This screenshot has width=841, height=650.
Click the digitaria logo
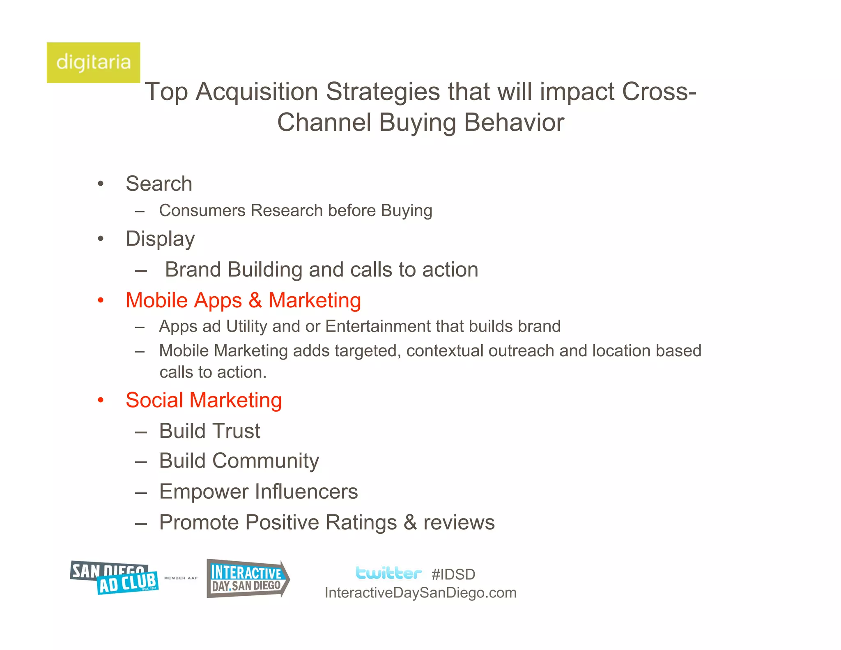click(93, 62)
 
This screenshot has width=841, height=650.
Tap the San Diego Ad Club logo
click(114, 578)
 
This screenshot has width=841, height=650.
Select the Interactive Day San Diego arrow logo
click(247, 579)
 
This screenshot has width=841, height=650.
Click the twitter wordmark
click(388, 573)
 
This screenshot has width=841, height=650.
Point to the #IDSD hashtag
click(453, 574)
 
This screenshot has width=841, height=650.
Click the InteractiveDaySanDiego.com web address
click(420, 593)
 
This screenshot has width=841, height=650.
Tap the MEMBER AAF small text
click(181, 578)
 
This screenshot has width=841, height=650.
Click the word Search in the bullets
click(159, 184)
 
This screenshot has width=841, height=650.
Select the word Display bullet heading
click(160, 239)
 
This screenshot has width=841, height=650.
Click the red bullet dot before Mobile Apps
click(101, 300)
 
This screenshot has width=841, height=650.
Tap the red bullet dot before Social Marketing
click(101, 400)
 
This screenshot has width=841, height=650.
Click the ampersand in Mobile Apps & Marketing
click(255, 300)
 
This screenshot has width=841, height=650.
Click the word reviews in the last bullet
click(459, 523)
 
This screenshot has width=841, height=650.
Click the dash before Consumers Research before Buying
click(140, 211)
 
